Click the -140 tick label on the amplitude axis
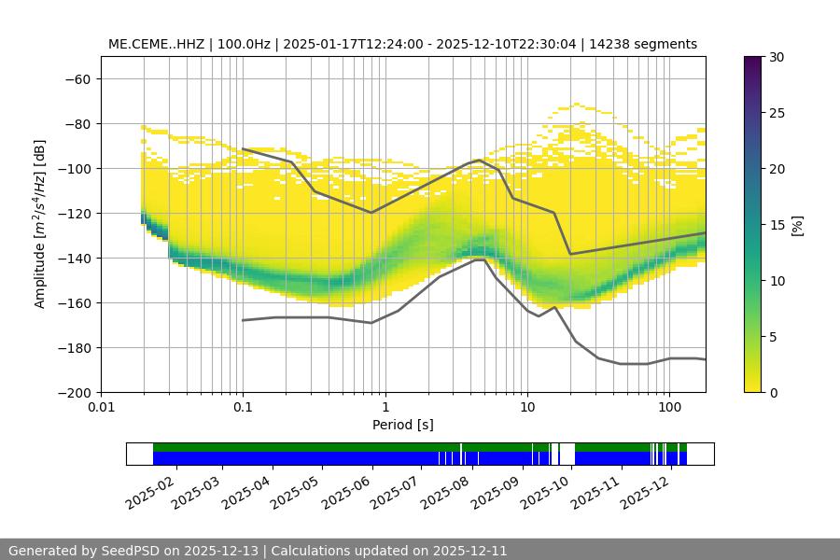tap(76, 258)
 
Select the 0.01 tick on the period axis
tap(101, 408)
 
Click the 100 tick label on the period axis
tap(668, 408)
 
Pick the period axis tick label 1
tap(385, 408)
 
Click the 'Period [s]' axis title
tap(403, 426)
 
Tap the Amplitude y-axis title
tap(40, 224)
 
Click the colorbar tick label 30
tap(777, 57)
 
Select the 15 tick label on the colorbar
tap(777, 225)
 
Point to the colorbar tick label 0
tap(773, 392)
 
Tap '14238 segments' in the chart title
tap(651, 44)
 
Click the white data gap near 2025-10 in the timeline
tap(567, 454)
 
